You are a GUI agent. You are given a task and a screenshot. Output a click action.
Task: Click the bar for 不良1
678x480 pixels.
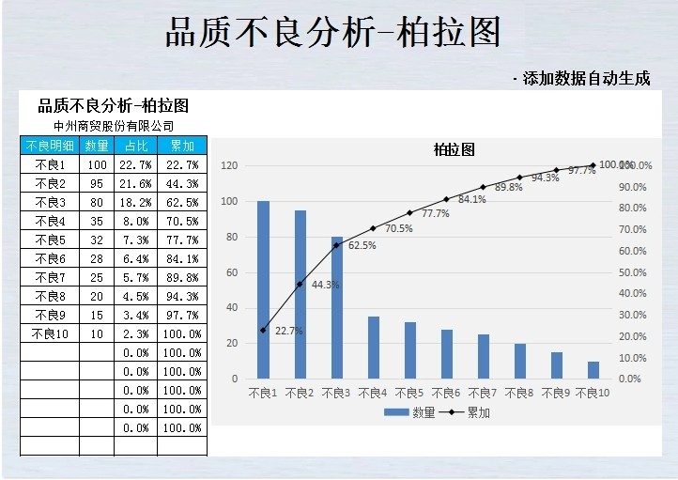263,289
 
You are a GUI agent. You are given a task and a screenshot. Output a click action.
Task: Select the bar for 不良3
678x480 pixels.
336,307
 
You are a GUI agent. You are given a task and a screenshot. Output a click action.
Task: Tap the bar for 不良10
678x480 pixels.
593,370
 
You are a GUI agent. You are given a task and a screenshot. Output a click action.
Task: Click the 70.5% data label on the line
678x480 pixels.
399,228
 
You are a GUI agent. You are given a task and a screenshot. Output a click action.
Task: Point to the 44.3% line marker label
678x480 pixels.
325,285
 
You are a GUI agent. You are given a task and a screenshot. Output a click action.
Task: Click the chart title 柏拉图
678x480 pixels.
454,149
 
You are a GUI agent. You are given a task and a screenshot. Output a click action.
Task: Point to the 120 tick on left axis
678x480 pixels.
228,165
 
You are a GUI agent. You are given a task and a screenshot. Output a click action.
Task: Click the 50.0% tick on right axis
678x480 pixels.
631,272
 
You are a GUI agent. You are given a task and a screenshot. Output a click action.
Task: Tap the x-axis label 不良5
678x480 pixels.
409,392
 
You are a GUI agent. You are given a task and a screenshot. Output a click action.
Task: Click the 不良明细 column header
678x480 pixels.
50,146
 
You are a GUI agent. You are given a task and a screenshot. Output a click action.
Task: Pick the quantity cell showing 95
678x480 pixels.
97,183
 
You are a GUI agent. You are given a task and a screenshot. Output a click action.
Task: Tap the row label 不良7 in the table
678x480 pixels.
50,277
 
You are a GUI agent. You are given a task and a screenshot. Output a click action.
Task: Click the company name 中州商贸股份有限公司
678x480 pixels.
114,125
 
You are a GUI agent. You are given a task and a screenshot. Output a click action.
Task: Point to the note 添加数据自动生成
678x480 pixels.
585,79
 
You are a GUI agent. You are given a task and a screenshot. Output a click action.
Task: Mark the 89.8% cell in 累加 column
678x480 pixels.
181,277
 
